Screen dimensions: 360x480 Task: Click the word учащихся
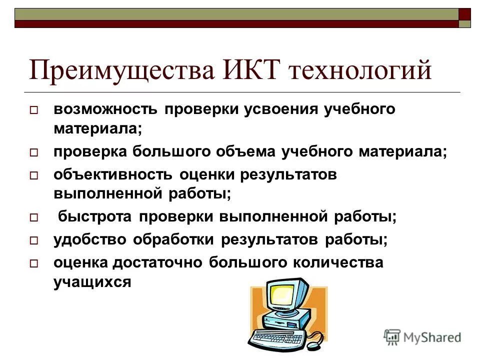pos(92,282)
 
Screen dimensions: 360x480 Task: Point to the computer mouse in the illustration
pos(315,343)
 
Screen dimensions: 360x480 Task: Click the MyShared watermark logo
pos(422,337)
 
